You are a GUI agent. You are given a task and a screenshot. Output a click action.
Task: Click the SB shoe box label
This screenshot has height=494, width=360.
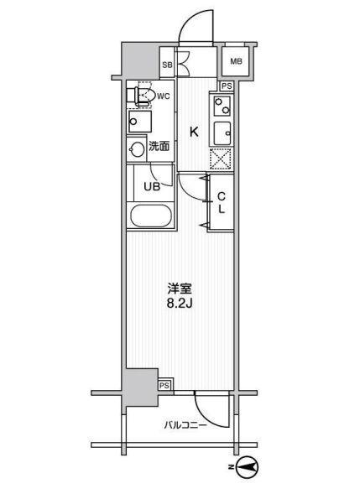click(x=167, y=64)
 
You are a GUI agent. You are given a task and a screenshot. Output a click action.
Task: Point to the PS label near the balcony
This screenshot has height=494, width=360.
click(x=165, y=385)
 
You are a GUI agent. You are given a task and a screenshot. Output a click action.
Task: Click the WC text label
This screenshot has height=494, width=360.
click(x=164, y=96)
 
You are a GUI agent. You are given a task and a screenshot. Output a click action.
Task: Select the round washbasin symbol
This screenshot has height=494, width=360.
click(x=138, y=148)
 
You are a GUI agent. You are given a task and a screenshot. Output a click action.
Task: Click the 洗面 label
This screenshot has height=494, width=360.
click(x=159, y=146)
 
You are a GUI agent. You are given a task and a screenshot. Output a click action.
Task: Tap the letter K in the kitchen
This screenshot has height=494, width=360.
click(x=193, y=132)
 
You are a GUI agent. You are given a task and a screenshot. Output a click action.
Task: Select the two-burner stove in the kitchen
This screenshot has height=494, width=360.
click(x=222, y=107)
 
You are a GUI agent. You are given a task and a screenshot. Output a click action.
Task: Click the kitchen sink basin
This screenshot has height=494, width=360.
click(x=222, y=133)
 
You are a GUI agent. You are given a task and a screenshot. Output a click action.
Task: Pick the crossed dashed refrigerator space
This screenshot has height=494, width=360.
click(x=221, y=159)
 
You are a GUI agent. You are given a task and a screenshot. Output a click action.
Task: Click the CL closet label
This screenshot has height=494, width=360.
click(x=222, y=203)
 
